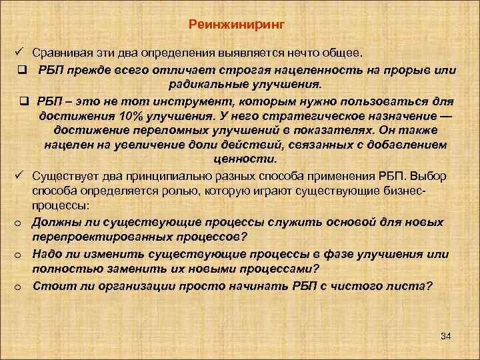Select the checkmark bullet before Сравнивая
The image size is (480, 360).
(x=20, y=52)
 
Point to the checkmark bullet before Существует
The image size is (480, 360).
(x=20, y=175)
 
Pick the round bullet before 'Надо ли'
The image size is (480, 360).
(x=20, y=255)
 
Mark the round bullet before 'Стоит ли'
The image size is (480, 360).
(x=20, y=287)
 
